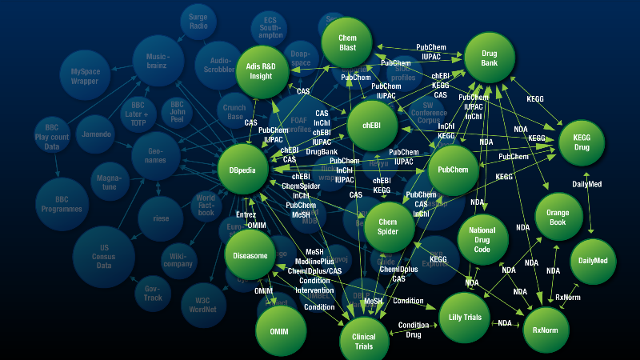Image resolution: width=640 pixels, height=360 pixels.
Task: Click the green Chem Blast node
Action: pyautogui.click(x=347, y=43)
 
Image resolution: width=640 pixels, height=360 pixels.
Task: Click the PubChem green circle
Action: pyautogui.click(x=454, y=170)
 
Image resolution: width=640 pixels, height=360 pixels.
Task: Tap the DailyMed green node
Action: pyautogui.click(x=594, y=261)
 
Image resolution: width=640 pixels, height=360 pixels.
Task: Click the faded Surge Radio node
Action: pyautogui.click(x=198, y=21)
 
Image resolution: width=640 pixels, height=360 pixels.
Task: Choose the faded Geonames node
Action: pyautogui.click(x=156, y=155)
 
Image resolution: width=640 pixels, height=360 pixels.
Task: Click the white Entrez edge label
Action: pyautogui.click(x=246, y=215)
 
